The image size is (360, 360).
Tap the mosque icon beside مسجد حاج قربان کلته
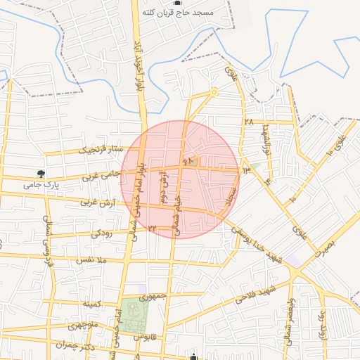tap(176, 4)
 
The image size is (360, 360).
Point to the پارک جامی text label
tap(41, 185)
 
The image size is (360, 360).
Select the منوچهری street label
tap(84, 327)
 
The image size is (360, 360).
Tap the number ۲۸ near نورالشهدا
tap(248, 122)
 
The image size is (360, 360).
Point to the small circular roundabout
tap(214, 91)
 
